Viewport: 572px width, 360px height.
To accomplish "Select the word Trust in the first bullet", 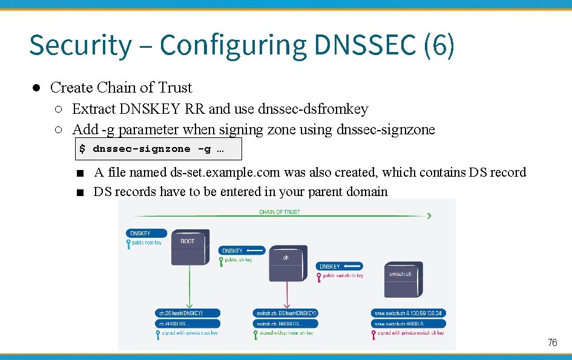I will (176, 88).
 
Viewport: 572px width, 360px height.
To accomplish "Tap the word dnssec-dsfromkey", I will (313, 109).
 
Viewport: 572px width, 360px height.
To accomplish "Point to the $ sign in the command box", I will (82, 148).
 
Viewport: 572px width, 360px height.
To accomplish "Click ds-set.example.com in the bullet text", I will (225, 172).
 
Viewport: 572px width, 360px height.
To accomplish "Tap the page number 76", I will (552, 343).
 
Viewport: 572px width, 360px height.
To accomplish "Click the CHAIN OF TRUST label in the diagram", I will (279, 212).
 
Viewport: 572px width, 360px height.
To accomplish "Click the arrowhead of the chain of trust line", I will (429, 215).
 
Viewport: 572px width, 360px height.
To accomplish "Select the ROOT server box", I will (189, 247).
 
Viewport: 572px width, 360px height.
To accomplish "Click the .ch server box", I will (286, 263).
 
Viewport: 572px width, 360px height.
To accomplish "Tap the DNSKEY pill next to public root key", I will (140, 233).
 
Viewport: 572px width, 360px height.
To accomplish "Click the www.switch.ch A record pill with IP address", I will (409, 313).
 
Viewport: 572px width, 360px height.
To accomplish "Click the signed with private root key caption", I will (188, 333).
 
